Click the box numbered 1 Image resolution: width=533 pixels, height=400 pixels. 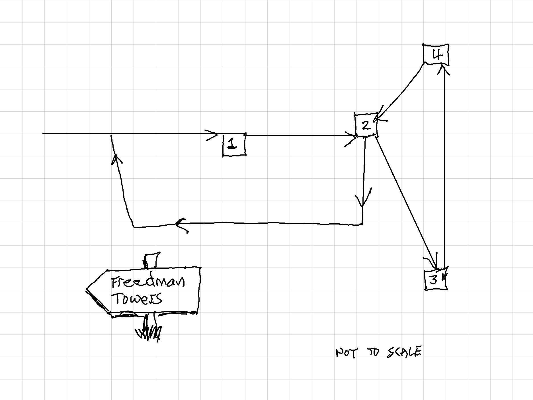(234, 145)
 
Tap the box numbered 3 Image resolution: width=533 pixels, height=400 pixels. (435, 280)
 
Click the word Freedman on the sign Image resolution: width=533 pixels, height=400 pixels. (148, 282)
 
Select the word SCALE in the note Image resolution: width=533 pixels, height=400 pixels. (404, 352)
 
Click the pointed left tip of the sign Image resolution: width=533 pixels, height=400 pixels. (88, 289)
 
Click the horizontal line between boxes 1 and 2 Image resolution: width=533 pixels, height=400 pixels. (299, 136)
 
